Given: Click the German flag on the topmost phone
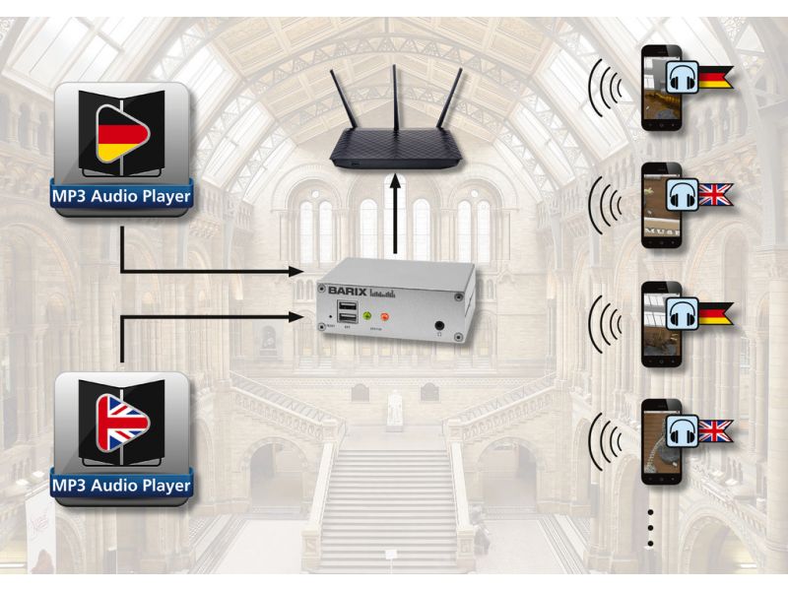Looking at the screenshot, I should tap(716, 74).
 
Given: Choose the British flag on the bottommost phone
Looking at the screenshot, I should tap(716, 429).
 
